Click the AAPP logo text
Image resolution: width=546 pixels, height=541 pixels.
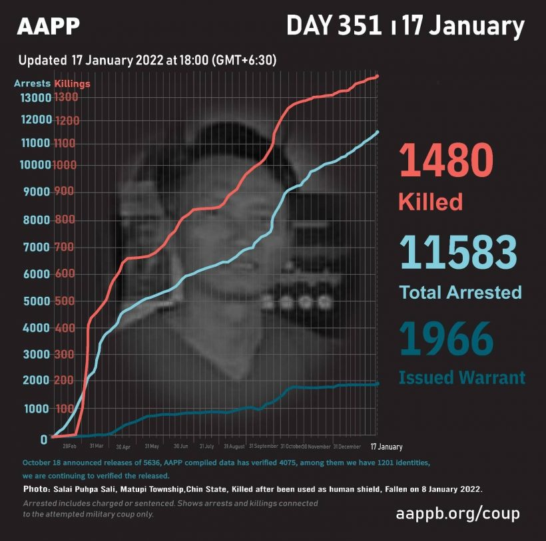48,26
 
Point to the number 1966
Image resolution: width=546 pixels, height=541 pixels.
446,340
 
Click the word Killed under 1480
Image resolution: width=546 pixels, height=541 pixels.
429,202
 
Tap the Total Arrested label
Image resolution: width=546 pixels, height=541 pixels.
460,291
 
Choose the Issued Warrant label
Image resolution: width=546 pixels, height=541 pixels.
461,378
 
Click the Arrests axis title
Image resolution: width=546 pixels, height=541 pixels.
32,84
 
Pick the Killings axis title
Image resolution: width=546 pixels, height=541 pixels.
72,84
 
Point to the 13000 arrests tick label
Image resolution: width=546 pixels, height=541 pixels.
35,98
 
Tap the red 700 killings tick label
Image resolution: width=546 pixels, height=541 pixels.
66,248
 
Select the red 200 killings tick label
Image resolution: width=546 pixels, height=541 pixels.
66,381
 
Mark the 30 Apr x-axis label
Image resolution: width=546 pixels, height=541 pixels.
124,447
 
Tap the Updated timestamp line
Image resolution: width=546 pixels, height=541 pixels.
147,60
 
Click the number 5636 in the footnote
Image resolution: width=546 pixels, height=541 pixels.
155,462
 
